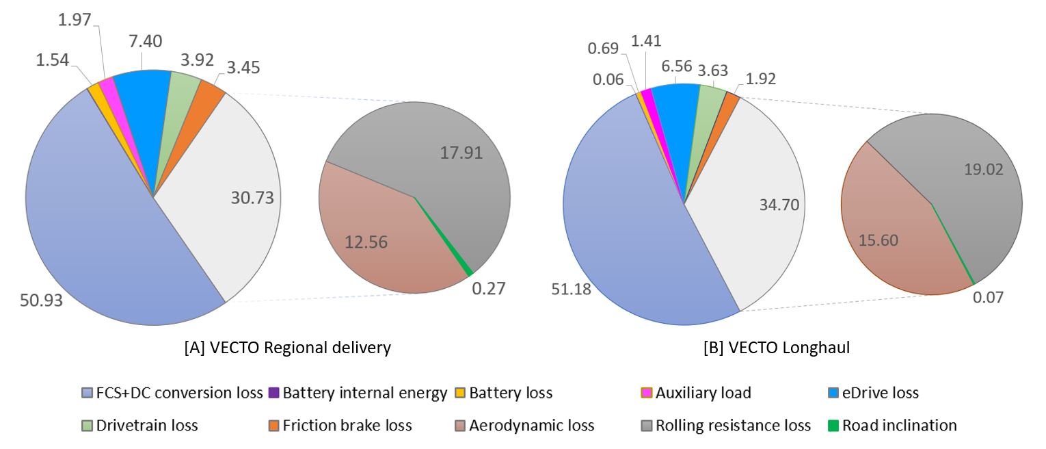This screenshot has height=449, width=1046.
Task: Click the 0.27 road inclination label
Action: tap(489, 288)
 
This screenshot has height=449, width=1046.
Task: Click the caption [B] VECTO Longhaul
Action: tap(776, 348)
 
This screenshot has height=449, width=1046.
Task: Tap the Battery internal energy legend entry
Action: tap(358, 393)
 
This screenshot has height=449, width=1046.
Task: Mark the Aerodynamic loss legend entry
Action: tap(524, 425)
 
